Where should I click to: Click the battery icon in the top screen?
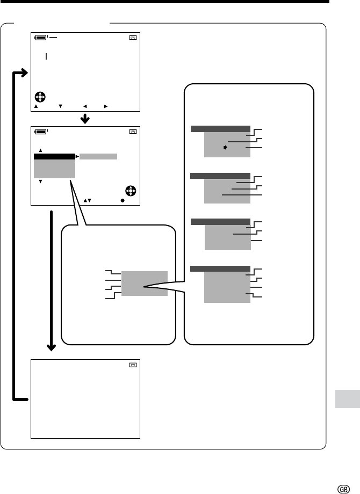pos(41,38)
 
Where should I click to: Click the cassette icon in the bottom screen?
pos(133,365)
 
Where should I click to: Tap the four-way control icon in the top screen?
pos(40,97)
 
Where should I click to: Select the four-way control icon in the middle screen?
pos(131,191)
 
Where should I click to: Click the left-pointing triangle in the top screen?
pos(85,106)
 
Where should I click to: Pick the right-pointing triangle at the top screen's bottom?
pos(106,106)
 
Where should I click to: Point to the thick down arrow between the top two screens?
pos(85,119)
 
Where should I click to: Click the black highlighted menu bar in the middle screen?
pos(54,157)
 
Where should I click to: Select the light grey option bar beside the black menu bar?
pos(98,157)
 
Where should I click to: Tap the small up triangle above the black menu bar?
pos(40,150)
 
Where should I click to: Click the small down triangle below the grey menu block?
pos(40,181)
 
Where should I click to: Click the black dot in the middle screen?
pos(123,200)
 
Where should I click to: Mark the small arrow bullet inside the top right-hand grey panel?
pos(225,147)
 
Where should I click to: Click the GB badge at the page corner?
pos(343,489)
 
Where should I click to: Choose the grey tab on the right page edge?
pos(348,399)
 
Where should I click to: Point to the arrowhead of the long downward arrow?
pos(52,347)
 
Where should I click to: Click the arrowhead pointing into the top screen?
pos(25,73)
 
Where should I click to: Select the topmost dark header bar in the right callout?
pos(220,129)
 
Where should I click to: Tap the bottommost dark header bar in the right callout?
pos(220,268)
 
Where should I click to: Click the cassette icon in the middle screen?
pos(133,132)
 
